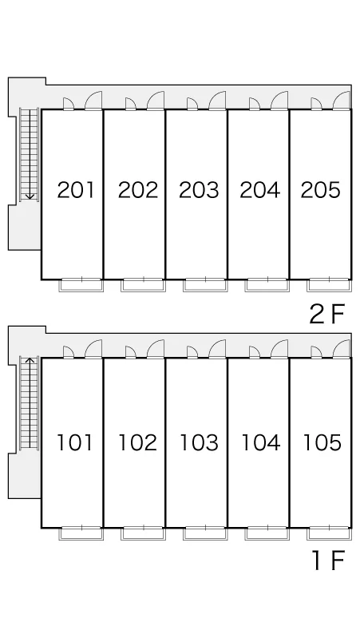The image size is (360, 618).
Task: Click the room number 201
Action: (x=76, y=190)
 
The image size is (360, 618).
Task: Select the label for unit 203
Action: (x=199, y=190)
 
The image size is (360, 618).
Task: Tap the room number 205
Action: (x=321, y=190)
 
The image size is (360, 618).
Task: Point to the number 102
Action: (x=138, y=442)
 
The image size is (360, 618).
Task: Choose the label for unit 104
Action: (x=261, y=442)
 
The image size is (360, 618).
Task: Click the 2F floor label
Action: (x=327, y=314)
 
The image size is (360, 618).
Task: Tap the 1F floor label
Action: (x=329, y=560)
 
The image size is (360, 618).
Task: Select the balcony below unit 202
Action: (x=143, y=285)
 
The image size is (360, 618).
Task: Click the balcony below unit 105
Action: (x=330, y=533)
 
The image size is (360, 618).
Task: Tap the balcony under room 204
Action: (x=267, y=285)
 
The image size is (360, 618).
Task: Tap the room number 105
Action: (x=322, y=442)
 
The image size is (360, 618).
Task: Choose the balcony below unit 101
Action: (x=81, y=533)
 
